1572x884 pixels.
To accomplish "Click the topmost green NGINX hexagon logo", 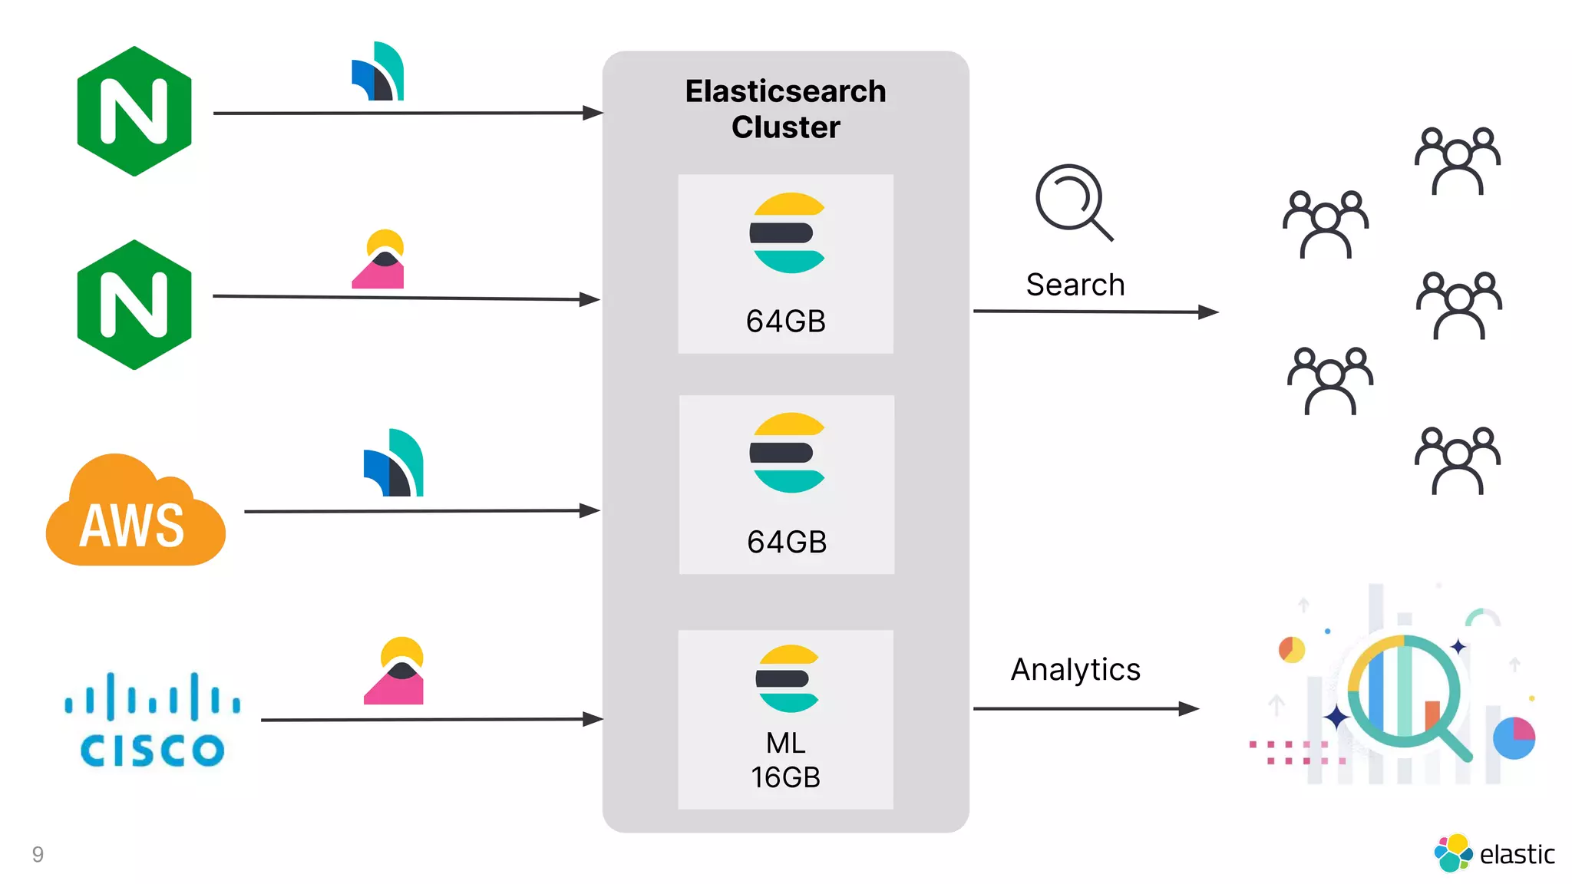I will [134, 111].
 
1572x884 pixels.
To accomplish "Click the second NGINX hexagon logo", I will [134, 305].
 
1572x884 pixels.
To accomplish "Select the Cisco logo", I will [152, 720].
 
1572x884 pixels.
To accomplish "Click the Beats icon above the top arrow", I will [378, 72].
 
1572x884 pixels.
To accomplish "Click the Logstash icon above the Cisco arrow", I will [394, 671].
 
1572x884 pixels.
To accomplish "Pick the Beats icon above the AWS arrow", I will [394, 463].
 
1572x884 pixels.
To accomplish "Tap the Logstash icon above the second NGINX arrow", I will [378, 259].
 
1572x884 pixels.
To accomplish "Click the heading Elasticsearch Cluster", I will [785, 109].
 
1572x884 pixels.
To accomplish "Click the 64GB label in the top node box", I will [785, 321].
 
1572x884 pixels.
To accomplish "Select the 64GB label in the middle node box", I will [786, 542].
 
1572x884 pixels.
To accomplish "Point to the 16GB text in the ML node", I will [785, 777].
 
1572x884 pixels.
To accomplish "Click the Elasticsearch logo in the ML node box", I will [787, 678].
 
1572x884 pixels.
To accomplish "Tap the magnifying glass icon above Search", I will [1073, 202].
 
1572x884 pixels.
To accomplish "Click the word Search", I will [1075, 285].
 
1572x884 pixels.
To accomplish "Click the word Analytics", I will [1075, 669].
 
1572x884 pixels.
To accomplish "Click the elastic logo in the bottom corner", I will [1493, 853].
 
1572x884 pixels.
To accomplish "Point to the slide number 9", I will [38, 854].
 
